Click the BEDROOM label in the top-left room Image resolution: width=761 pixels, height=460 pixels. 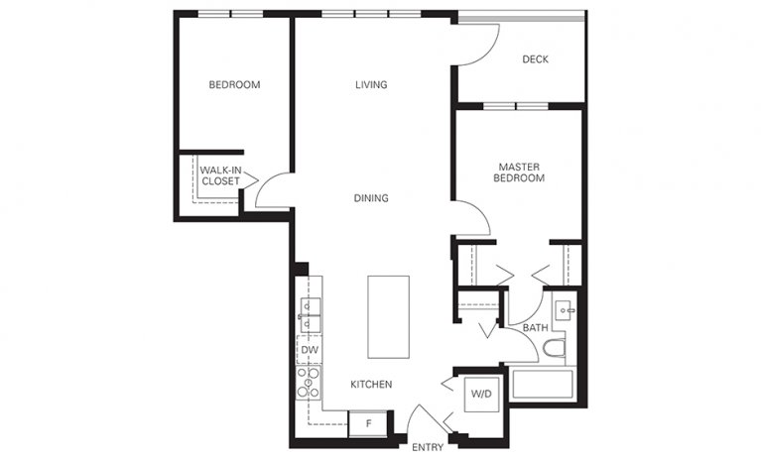(234, 85)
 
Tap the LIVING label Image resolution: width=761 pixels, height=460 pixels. (371, 85)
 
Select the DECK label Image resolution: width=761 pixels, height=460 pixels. (535, 59)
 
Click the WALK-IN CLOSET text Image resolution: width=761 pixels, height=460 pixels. (219, 175)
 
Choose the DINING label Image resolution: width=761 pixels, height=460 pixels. (371, 198)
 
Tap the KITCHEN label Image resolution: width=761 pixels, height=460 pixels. (371, 385)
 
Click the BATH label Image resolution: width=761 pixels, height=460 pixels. (535, 328)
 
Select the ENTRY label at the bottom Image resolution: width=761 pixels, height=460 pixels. (428, 448)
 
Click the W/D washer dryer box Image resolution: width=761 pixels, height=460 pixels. (481, 394)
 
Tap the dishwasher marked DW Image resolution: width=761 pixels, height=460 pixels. (309, 350)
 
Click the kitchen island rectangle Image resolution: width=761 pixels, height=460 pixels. (388, 317)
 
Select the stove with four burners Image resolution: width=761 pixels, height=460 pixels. (309, 382)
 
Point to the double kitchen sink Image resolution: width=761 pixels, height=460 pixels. (309, 315)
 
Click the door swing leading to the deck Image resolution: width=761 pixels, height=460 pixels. (477, 45)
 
